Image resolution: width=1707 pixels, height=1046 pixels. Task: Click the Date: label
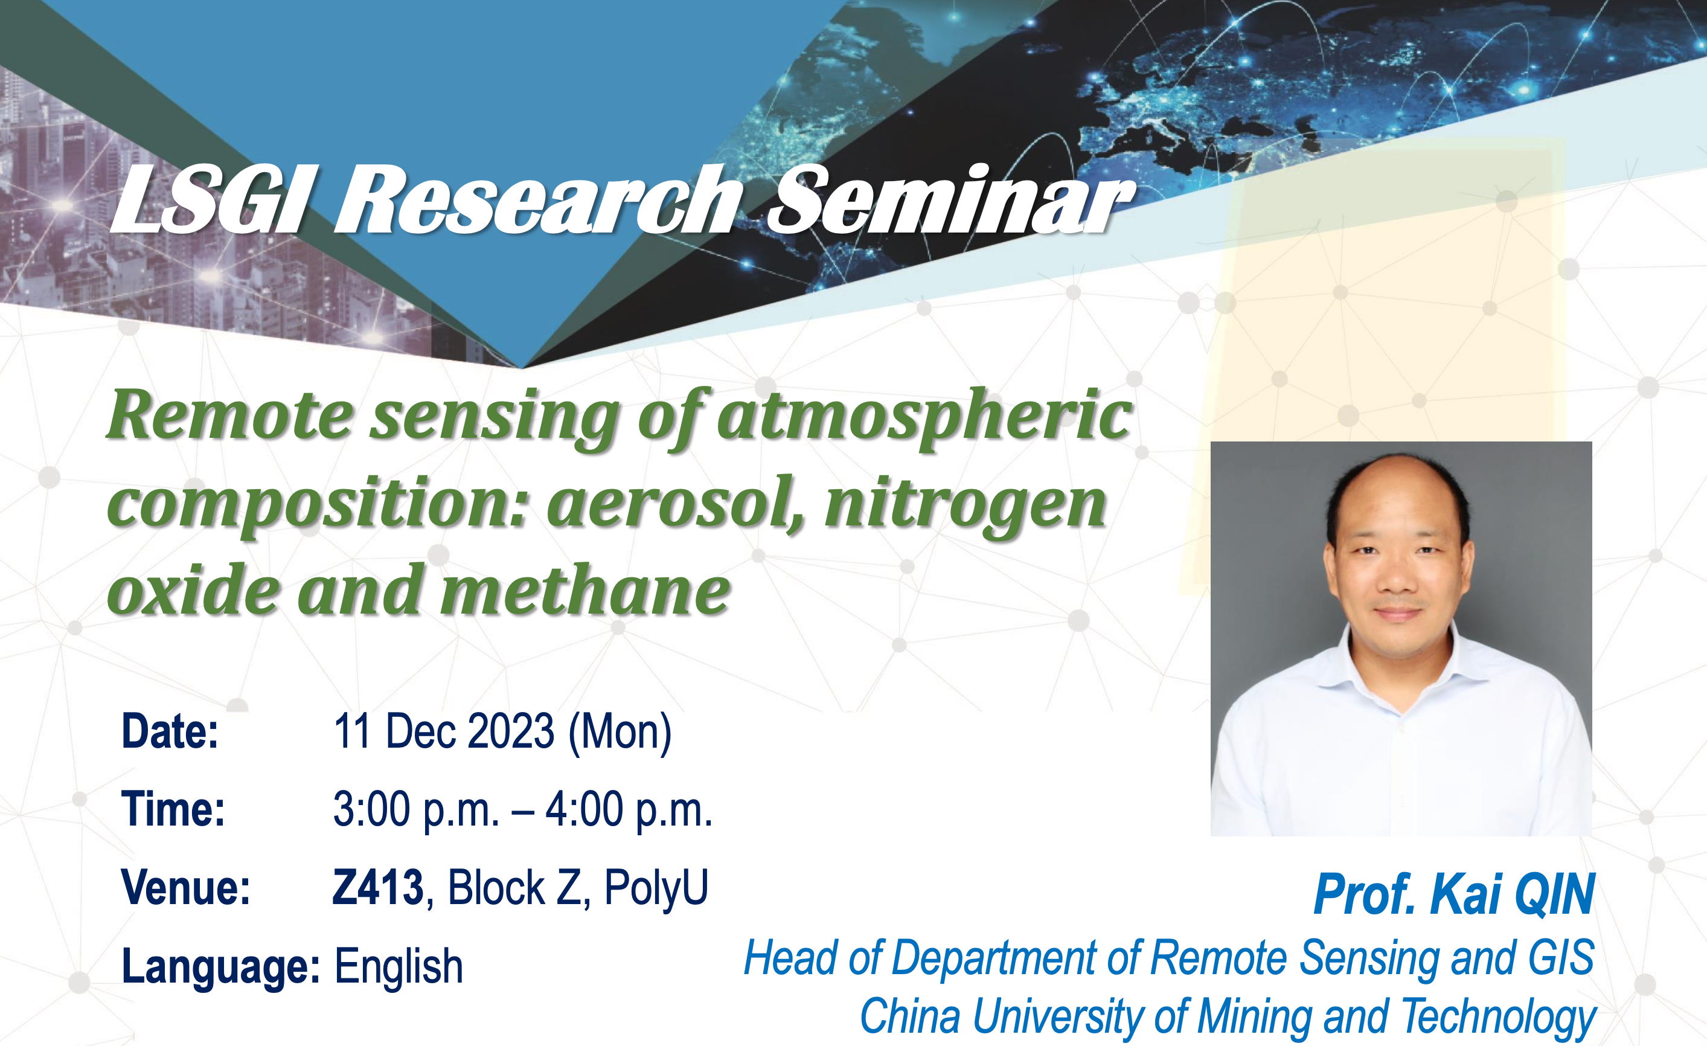[x=170, y=731]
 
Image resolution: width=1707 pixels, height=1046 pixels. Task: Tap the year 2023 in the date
[x=511, y=731]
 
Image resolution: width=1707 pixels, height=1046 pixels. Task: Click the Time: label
[x=173, y=809]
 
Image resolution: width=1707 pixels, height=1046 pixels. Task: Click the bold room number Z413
[x=378, y=887]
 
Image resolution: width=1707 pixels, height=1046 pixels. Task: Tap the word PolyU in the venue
[x=656, y=887]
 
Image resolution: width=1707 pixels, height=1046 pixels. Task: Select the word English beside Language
[x=399, y=967]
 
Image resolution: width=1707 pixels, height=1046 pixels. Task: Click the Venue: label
[x=185, y=887]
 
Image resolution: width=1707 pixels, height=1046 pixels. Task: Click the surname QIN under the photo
[x=1555, y=894]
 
